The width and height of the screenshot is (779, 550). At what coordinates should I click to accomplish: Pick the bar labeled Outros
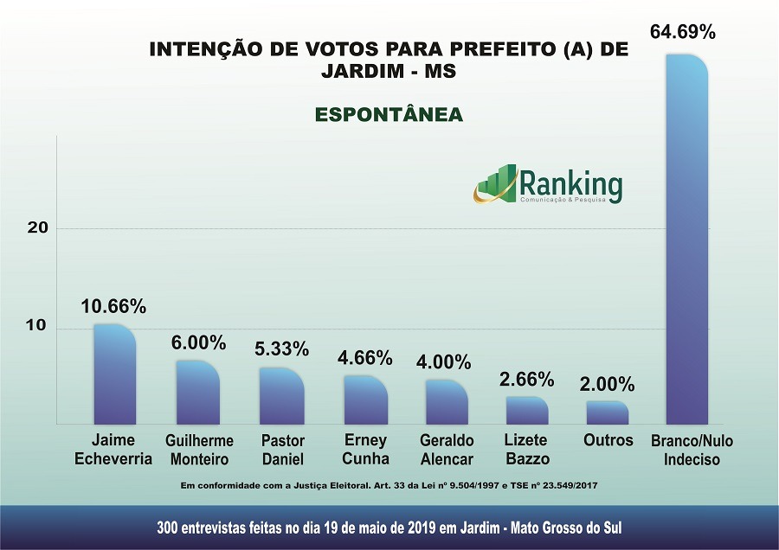(607, 412)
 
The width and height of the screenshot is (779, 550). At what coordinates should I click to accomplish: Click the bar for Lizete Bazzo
(526, 410)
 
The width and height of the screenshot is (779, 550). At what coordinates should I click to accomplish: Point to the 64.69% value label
(683, 33)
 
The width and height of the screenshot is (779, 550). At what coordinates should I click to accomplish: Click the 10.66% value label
(113, 306)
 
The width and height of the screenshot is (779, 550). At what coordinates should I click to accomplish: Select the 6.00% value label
(198, 342)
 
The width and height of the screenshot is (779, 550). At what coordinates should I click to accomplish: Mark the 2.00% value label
(607, 384)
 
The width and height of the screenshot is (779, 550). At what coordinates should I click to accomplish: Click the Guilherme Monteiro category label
(199, 450)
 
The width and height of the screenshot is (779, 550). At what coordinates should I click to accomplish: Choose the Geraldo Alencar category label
(447, 450)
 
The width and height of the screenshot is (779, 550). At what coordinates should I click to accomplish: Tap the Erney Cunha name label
(365, 450)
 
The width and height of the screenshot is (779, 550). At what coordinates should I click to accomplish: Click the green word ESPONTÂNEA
(389, 114)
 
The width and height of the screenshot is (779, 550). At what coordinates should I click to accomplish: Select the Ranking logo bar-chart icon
(495, 184)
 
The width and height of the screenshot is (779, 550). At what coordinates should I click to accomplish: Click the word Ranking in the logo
(570, 182)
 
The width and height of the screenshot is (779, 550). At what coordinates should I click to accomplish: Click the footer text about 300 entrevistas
(389, 528)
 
